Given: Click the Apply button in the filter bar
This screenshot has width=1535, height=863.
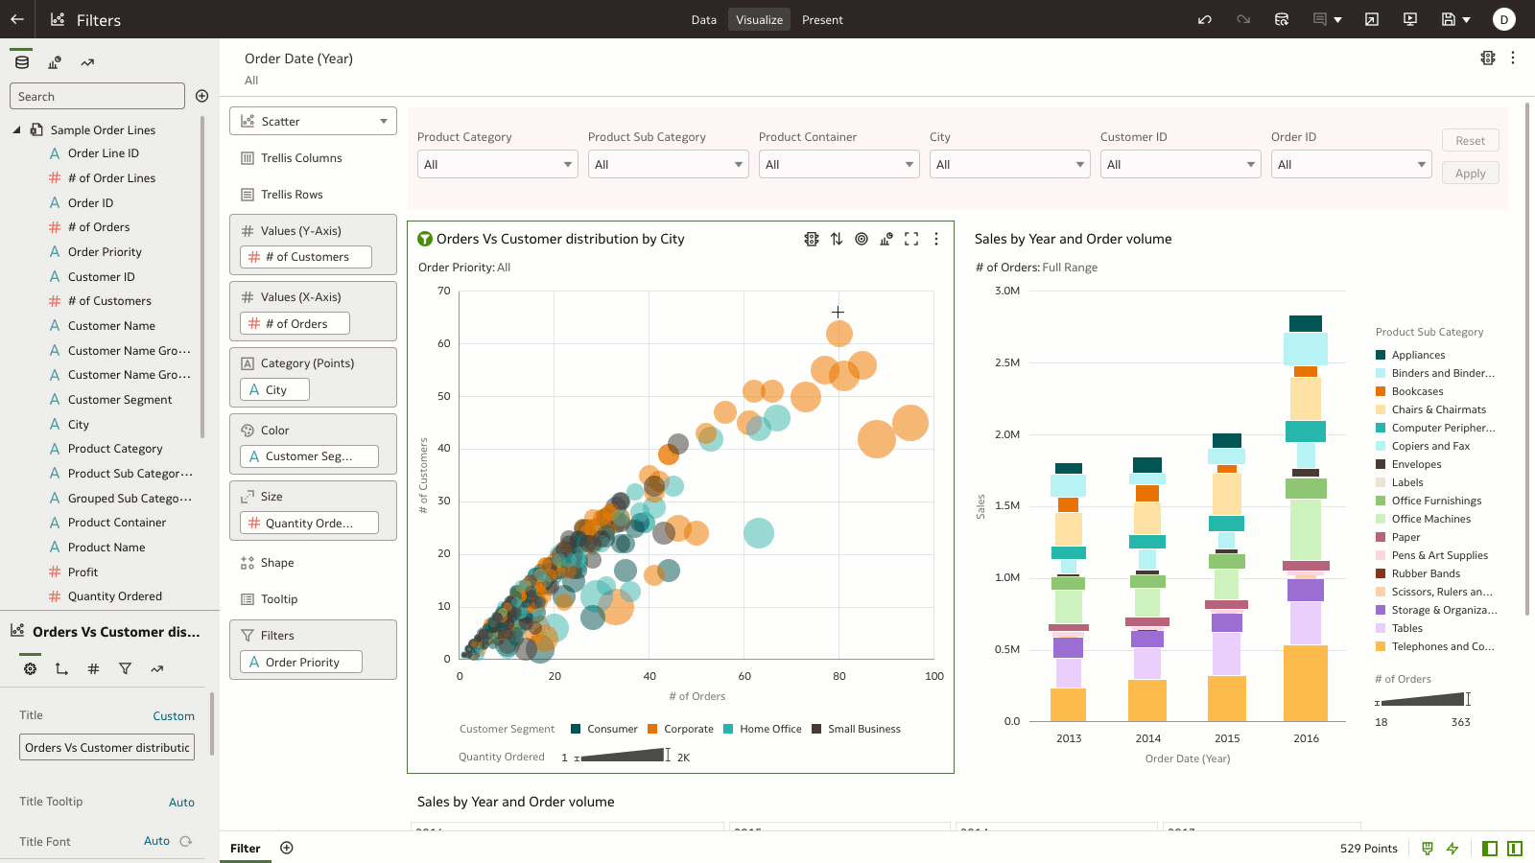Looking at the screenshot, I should (x=1470, y=174).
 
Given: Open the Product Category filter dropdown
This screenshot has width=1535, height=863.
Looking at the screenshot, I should (x=497, y=165).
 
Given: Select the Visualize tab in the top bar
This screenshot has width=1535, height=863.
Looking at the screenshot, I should (x=759, y=20).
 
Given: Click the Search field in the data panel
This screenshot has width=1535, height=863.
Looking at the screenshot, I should (x=97, y=96).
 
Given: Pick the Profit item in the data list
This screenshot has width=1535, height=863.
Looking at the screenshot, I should (x=83, y=572).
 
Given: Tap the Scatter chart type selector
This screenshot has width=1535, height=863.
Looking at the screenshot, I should (x=313, y=122).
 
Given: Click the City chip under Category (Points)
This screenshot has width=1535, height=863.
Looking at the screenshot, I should (x=274, y=390).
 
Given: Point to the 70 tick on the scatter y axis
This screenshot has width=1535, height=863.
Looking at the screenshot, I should (x=444, y=292).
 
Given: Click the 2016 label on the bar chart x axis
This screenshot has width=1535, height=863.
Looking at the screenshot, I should (x=1306, y=738).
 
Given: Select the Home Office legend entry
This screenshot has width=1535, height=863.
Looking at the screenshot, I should (x=769, y=730).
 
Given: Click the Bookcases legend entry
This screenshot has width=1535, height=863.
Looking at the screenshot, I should (x=1417, y=391).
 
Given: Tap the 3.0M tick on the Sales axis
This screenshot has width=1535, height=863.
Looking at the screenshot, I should (x=1007, y=292).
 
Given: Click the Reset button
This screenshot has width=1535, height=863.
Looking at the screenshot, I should (x=1470, y=141).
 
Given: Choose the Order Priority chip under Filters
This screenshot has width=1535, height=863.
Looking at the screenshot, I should (x=301, y=663).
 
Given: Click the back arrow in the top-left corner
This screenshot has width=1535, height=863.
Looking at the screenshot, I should (x=17, y=19).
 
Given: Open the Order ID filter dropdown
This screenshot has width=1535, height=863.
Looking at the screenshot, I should (x=1351, y=165).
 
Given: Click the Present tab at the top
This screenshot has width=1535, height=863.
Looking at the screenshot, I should (x=822, y=20).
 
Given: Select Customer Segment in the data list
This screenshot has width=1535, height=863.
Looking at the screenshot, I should (x=120, y=400).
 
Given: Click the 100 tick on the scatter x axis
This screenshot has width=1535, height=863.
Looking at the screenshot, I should (x=933, y=676).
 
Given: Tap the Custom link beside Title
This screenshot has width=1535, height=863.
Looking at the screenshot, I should (x=174, y=716).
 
